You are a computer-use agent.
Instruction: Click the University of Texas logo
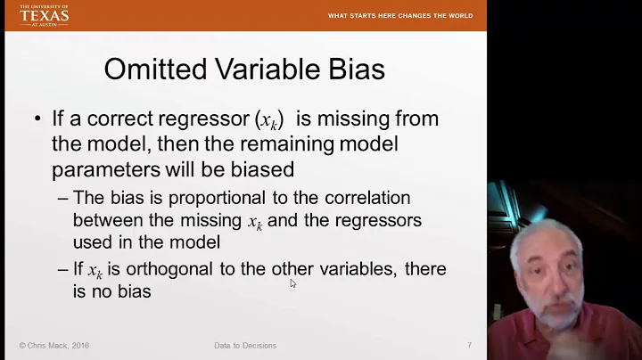coord(44,14)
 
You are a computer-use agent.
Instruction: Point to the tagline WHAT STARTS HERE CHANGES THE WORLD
coord(399,15)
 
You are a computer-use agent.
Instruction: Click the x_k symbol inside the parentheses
coord(268,120)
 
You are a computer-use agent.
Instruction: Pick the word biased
coord(264,168)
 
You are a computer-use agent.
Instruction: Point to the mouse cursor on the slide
coord(292,283)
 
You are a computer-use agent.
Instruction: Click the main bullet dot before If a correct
coord(37,119)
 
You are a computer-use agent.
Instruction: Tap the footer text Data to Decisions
coord(245,346)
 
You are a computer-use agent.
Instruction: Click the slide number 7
coord(469,346)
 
